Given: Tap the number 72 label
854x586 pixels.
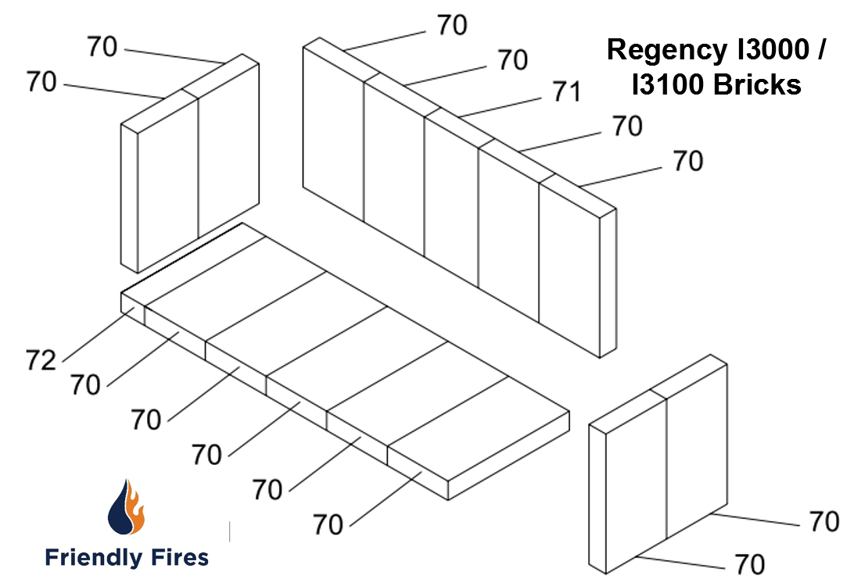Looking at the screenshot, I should pyautogui.click(x=41, y=360).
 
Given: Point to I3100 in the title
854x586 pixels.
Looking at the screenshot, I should pyautogui.click(x=667, y=83).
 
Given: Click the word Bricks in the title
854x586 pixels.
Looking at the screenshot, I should pyautogui.click(x=757, y=83).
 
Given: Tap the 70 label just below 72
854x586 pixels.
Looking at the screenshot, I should pyautogui.click(x=85, y=385).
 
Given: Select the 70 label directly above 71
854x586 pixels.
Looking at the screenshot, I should pyautogui.click(x=513, y=59).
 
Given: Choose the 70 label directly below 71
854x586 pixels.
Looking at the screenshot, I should pyautogui.click(x=627, y=126).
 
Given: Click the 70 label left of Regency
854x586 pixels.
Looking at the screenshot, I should pyautogui.click(x=452, y=25).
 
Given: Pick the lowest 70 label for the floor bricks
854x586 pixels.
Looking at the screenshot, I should pyautogui.click(x=328, y=525).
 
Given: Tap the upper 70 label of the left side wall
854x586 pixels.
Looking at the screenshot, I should pyautogui.click(x=102, y=47).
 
